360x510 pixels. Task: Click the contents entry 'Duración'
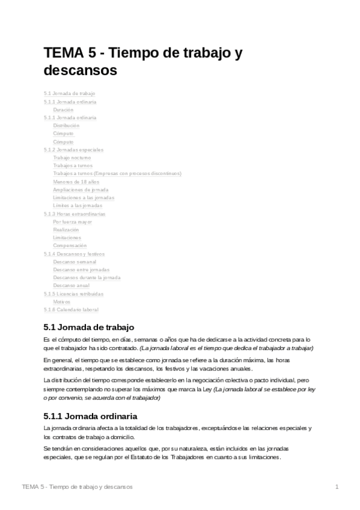(63, 110)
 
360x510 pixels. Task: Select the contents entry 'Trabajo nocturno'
(72, 158)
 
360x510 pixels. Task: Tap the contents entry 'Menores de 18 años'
(76, 182)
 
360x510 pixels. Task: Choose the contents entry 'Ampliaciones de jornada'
(81, 189)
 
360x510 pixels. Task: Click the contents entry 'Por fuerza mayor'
(72, 221)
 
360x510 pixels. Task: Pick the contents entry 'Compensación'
(70, 245)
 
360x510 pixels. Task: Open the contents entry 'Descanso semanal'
(75, 262)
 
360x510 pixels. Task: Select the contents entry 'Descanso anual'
(71, 285)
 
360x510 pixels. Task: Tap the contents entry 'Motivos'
(61, 301)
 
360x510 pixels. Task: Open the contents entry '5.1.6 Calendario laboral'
(71, 309)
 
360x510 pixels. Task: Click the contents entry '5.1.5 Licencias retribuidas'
(73, 293)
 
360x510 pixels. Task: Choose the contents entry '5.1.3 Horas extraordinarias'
(74, 214)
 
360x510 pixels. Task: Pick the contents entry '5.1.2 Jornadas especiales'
(73, 150)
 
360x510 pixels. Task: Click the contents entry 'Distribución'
(66, 126)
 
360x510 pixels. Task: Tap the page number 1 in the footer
(337, 486)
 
